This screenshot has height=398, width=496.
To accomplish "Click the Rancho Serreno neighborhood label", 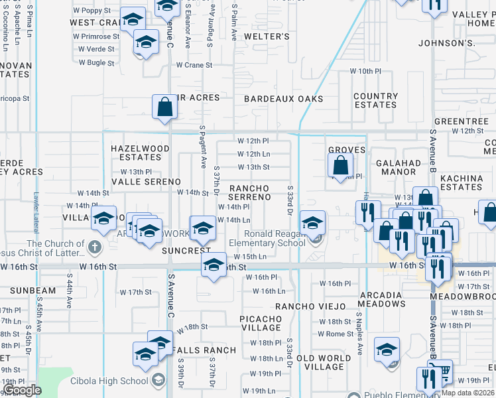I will click(x=250, y=192).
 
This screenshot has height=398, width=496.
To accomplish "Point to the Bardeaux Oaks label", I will click(x=284, y=99).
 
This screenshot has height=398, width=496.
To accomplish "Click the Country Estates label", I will click(x=375, y=100).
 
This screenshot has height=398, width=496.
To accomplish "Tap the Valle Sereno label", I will click(x=146, y=181).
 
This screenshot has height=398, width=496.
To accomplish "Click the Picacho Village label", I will click(x=261, y=323).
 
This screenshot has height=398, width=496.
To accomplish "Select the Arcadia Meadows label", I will click(x=382, y=298).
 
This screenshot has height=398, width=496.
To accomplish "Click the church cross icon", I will click(x=94, y=247).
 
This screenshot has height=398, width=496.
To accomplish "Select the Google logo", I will click(x=22, y=390).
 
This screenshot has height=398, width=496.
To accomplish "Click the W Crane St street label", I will click(x=194, y=65).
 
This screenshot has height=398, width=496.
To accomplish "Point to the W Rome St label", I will click(x=336, y=334).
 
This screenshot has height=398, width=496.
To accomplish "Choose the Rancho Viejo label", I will click(x=310, y=306).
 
